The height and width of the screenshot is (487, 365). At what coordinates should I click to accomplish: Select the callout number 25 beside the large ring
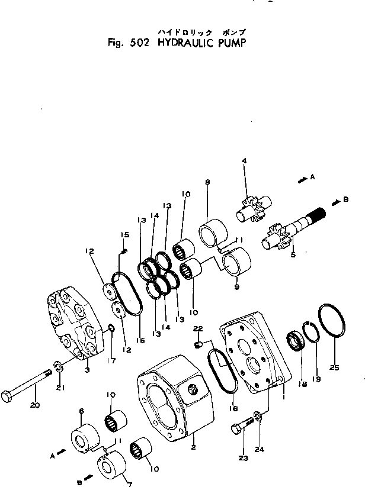click(x=334, y=367)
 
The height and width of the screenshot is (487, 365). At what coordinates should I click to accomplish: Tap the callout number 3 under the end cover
click(x=88, y=370)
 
